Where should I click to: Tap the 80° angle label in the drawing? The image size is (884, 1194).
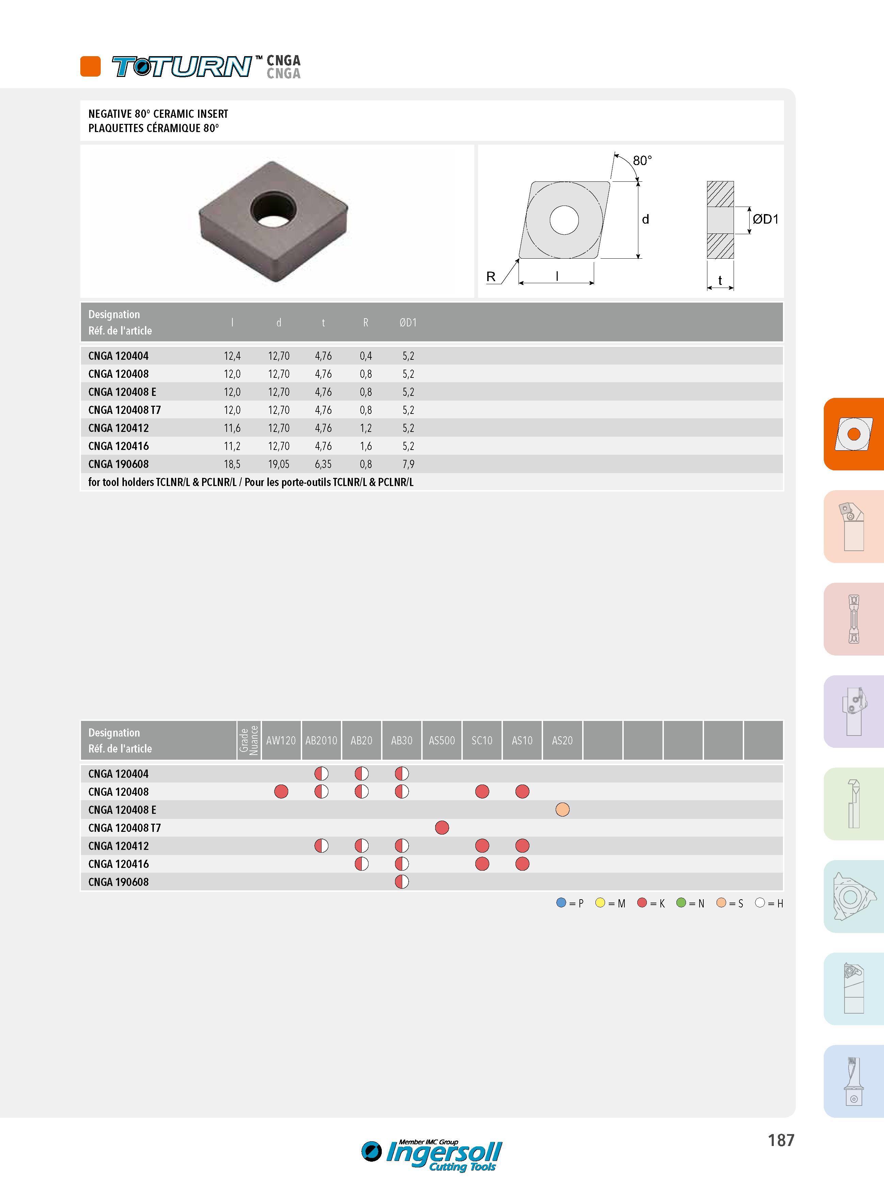coord(642,161)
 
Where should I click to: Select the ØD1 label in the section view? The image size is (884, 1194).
coord(765,219)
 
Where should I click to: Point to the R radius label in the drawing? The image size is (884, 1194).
coord(491,277)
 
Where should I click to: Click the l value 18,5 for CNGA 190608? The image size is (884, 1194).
coord(232,464)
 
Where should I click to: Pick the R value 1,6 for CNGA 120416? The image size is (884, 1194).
coord(366,446)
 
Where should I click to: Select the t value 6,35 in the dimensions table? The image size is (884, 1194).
coord(323,464)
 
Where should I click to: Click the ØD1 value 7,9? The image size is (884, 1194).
coord(408,464)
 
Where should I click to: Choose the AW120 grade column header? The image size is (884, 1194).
coord(281,740)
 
